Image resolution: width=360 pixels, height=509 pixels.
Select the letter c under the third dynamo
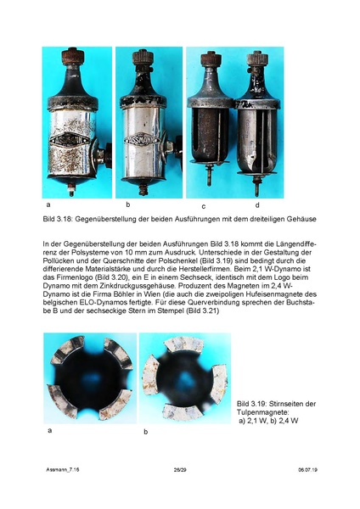point(204,206)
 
